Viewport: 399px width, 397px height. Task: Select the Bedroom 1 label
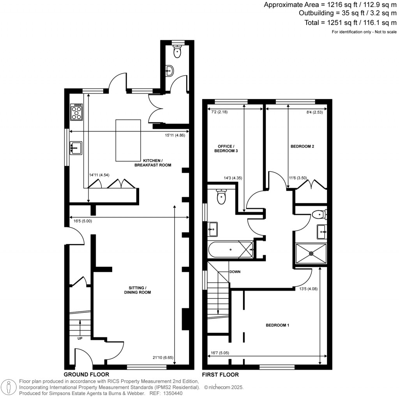click(x=277, y=325)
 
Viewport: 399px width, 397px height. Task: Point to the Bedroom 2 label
click(x=302, y=147)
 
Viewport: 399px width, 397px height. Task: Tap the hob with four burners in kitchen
click(x=76, y=112)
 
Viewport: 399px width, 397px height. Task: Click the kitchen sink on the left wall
click(x=76, y=147)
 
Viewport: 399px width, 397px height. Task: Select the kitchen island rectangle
click(x=128, y=140)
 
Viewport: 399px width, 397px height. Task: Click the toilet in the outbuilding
click(x=178, y=51)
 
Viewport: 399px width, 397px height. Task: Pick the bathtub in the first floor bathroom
click(x=230, y=249)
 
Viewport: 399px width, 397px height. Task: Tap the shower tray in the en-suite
click(x=311, y=253)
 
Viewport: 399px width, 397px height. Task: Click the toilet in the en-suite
click(x=320, y=214)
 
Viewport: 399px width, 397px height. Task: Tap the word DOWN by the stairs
click(x=235, y=271)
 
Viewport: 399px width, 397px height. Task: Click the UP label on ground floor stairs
click(x=80, y=338)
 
